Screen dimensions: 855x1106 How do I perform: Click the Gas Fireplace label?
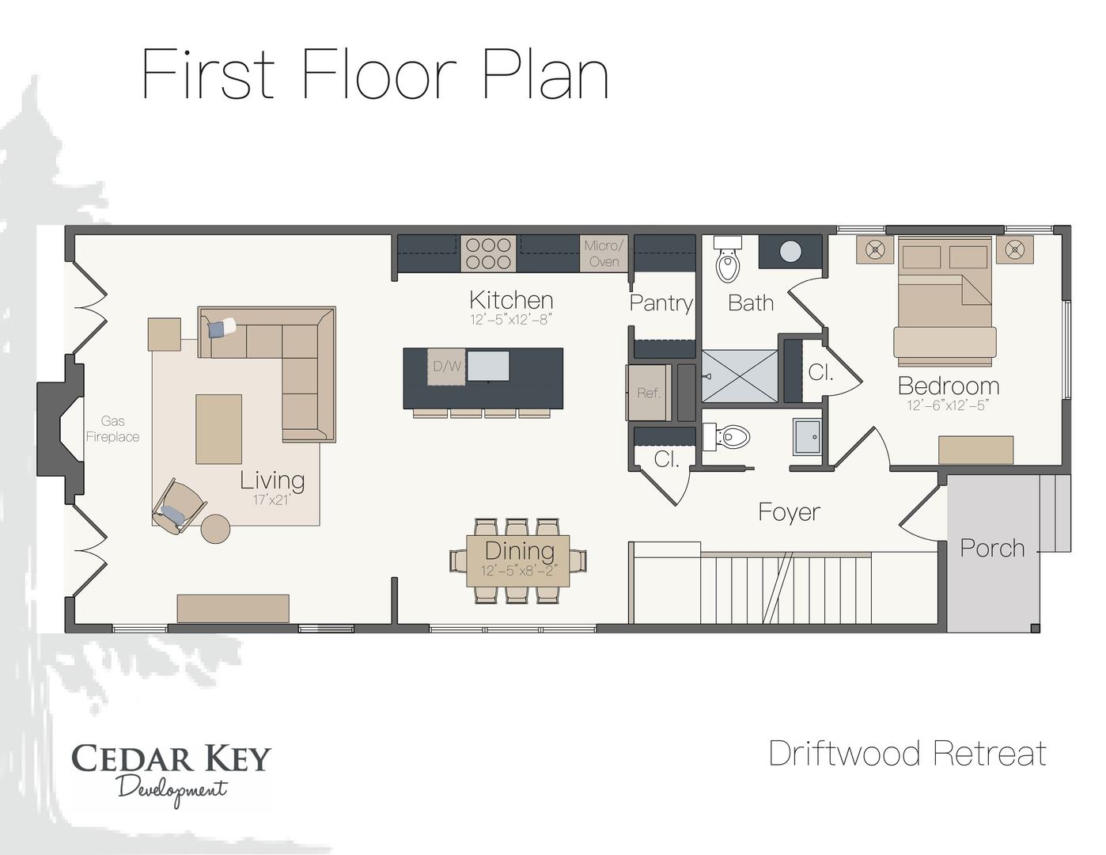point(112,429)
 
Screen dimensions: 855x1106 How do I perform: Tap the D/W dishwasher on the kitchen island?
point(446,367)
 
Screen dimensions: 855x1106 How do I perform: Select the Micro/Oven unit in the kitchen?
point(604,253)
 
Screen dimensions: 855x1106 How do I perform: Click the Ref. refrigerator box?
point(649,393)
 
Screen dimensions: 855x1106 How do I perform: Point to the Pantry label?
point(661,303)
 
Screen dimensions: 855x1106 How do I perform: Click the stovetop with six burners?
point(488,253)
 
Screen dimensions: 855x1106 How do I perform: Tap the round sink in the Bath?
point(790,252)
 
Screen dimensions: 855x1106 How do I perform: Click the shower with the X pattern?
point(740,376)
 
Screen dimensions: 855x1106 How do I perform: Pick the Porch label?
point(992,548)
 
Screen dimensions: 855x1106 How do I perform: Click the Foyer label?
point(789,512)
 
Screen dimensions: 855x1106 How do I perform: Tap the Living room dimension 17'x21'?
point(272,500)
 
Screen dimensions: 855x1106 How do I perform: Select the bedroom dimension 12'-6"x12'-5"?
point(948,405)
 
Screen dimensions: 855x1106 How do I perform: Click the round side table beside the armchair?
point(215,528)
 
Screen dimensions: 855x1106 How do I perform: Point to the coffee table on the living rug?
point(219,429)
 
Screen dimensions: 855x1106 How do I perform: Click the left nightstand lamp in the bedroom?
point(874,249)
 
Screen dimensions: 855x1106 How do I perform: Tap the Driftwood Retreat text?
point(907,753)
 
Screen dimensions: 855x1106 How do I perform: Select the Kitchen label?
point(511,300)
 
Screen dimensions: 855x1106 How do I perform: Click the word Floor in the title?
point(378,74)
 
